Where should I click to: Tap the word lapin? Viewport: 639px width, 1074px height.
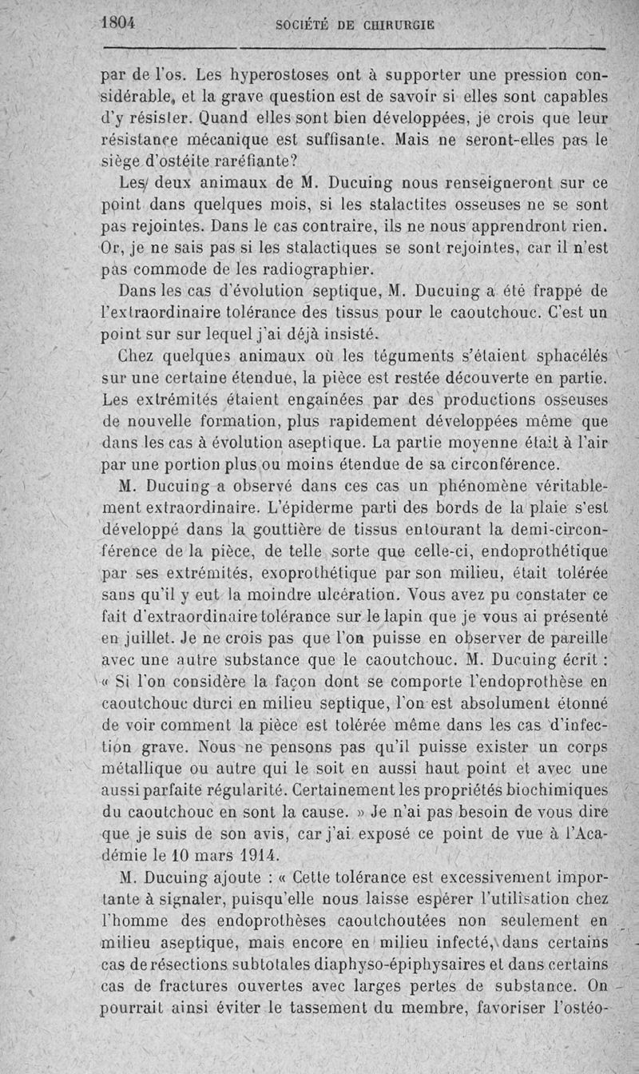[407, 616]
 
